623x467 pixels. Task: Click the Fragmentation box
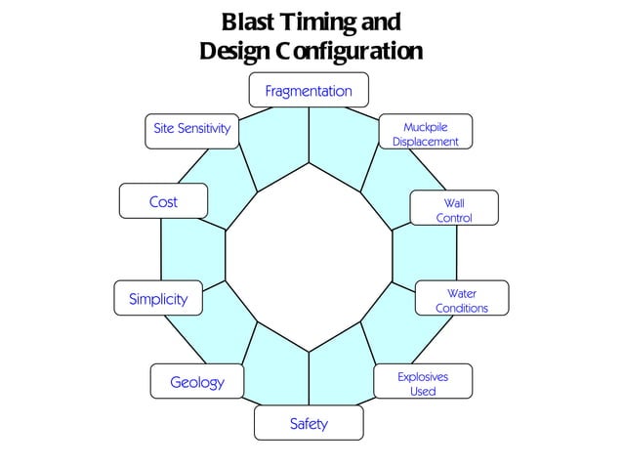pyautogui.click(x=309, y=90)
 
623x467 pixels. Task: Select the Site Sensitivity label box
pyautogui.click(x=191, y=130)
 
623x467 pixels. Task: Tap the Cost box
pyautogui.click(x=163, y=201)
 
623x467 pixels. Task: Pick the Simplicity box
pyautogui.click(x=158, y=299)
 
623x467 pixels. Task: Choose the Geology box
pyautogui.click(x=197, y=382)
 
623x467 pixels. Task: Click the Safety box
pyautogui.click(x=309, y=423)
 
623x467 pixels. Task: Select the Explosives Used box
pyautogui.click(x=423, y=382)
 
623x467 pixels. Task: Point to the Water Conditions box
pyautogui.click(x=461, y=300)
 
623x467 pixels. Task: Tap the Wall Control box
pyautogui.click(x=453, y=210)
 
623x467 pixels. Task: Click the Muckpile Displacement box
pyautogui.click(x=425, y=133)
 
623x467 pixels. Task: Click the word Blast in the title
pyautogui.click(x=249, y=21)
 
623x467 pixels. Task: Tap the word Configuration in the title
pyautogui.click(x=349, y=50)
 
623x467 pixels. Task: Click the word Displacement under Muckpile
pyautogui.click(x=425, y=142)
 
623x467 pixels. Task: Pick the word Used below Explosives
pyautogui.click(x=423, y=391)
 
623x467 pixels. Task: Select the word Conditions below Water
pyautogui.click(x=461, y=309)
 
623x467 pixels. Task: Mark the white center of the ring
pyautogui.click(x=309, y=257)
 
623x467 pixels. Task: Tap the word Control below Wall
pyautogui.click(x=453, y=218)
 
